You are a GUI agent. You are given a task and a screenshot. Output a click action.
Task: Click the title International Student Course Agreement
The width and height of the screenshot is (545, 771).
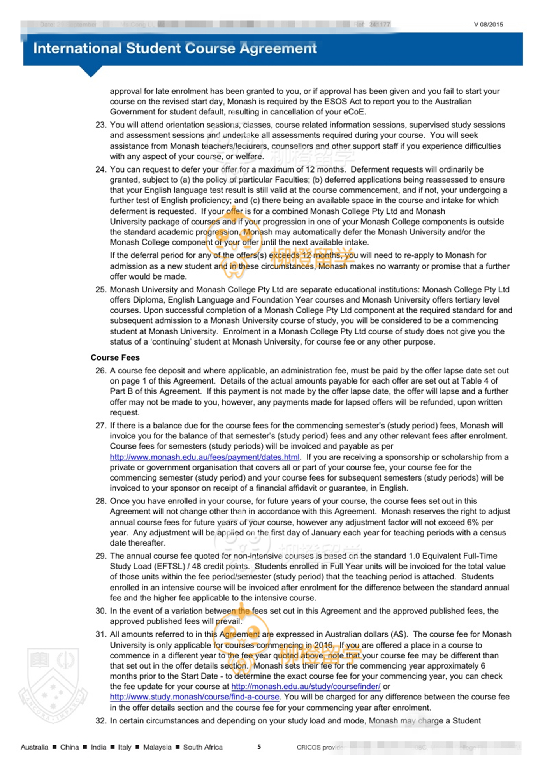pyautogui.click(x=175, y=48)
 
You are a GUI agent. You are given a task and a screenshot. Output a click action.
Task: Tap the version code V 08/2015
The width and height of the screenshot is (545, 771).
pyautogui.click(x=488, y=25)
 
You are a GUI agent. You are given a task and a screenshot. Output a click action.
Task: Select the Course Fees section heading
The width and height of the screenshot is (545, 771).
pyautogui.click(x=115, y=357)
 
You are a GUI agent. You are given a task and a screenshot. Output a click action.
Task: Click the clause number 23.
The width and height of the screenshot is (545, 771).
pyautogui.click(x=101, y=125)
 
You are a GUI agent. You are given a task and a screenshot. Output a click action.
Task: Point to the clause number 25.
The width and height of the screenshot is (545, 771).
pyautogui.click(x=101, y=290)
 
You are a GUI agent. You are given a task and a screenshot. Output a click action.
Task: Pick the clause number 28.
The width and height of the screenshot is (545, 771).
pyautogui.click(x=101, y=501)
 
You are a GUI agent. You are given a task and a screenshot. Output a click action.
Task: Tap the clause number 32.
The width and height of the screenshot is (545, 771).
pyautogui.click(x=101, y=721)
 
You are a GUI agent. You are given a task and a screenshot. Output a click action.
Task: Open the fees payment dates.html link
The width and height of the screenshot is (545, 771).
pyautogui.click(x=205, y=457)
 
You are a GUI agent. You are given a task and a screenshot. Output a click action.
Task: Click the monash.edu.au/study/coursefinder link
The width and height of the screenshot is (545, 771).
pyautogui.click(x=306, y=687)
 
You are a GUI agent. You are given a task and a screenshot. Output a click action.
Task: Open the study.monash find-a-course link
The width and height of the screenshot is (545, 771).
pyautogui.click(x=195, y=697)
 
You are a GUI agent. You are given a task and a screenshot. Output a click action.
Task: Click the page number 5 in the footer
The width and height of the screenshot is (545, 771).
pyautogui.click(x=259, y=747)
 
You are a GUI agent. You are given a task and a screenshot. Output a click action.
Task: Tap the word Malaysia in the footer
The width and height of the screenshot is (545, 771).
pyautogui.click(x=157, y=747)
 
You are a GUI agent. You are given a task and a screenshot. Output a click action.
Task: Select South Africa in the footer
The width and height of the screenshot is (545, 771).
pyautogui.click(x=203, y=747)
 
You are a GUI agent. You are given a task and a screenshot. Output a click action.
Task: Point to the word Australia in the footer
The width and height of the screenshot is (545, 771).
pyautogui.click(x=34, y=747)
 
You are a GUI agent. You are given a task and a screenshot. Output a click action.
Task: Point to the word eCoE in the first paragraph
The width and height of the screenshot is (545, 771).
pyautogui.click(x=355, y=112)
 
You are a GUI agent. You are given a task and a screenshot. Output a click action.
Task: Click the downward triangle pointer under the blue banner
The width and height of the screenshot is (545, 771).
pyautogui.click(x=91, y=72)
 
